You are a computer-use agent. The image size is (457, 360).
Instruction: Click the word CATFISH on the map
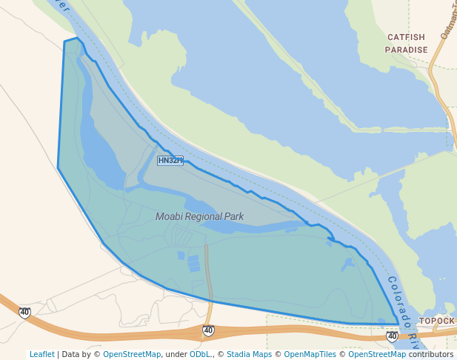406,37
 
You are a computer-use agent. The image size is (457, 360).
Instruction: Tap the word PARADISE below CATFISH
406,50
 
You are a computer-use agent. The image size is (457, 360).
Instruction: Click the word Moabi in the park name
171,217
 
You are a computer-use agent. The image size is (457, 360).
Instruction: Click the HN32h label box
170,161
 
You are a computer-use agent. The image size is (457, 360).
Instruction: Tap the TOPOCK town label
437,321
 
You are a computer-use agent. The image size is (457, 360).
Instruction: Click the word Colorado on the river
398,303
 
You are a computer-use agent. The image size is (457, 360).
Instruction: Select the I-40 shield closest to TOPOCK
392,337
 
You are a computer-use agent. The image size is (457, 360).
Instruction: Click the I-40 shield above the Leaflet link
25,313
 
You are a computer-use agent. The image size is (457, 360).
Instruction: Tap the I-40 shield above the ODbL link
208,330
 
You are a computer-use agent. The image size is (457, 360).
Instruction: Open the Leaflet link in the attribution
41,354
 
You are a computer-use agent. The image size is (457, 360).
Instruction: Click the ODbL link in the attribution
200,354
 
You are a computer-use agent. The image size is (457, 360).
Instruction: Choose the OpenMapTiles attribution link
309,354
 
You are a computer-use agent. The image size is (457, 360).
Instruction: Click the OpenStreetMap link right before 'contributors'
377,354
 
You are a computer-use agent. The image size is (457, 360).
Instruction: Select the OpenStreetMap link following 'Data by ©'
132,354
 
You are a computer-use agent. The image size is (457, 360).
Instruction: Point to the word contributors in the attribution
431,354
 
